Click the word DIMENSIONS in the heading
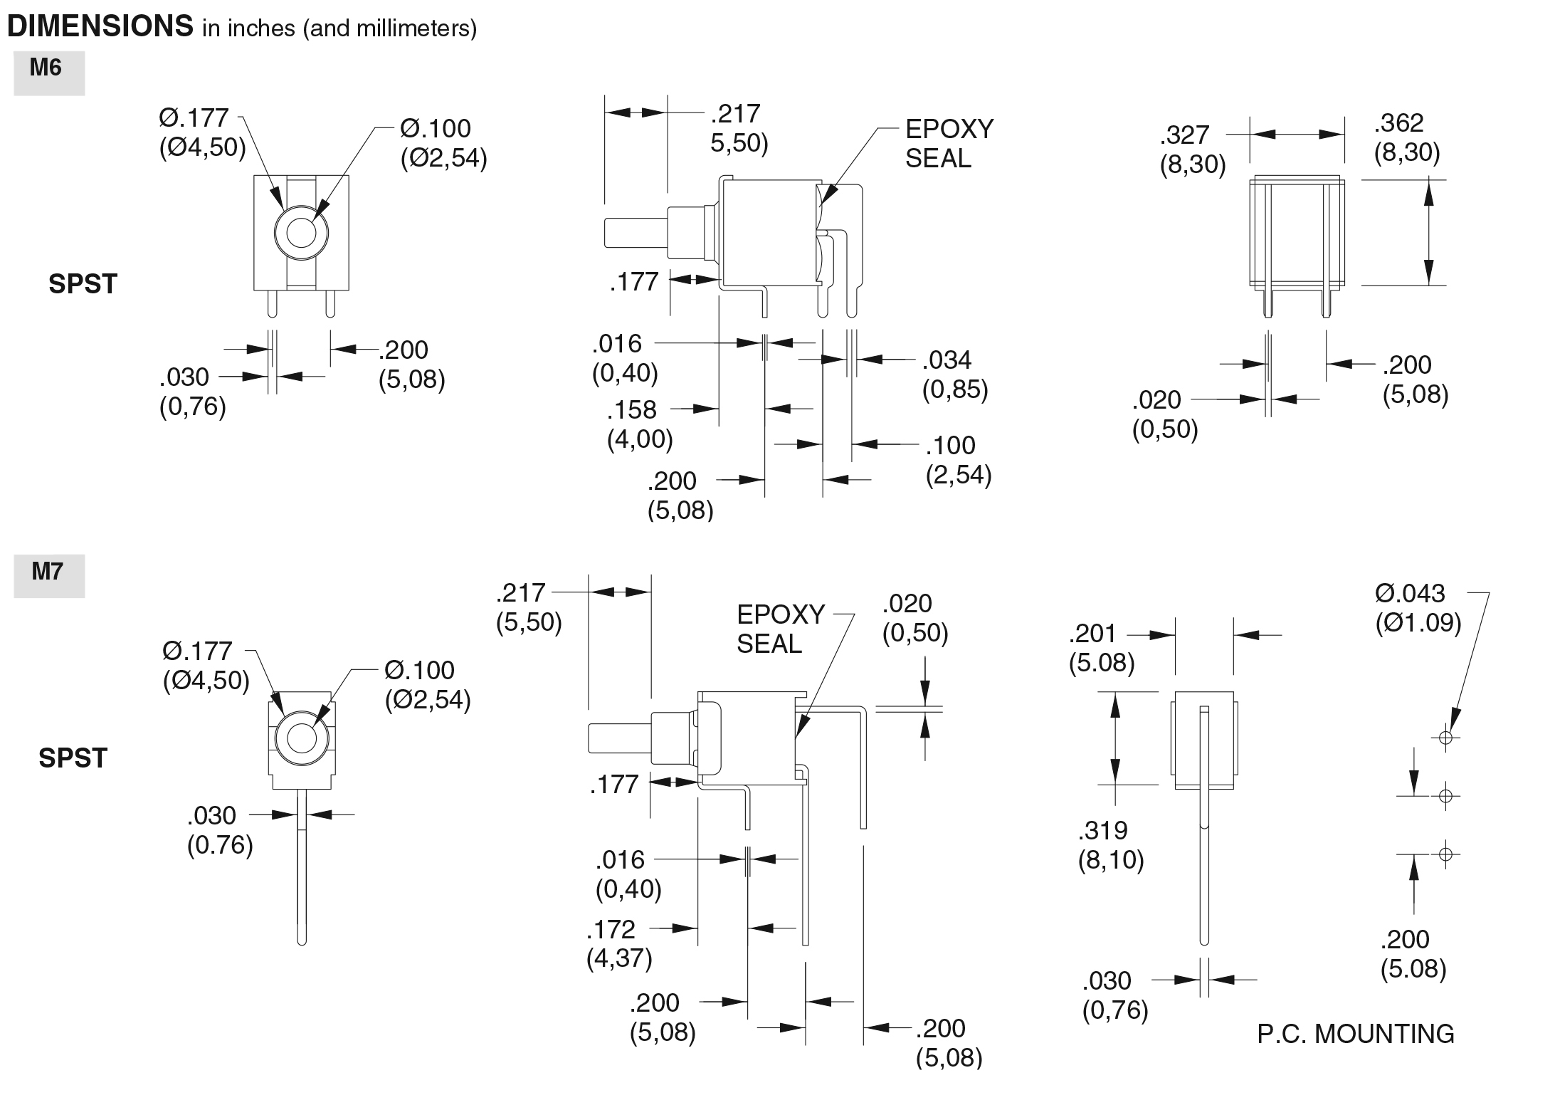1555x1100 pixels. point(100,26)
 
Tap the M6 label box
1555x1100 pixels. point(48,73)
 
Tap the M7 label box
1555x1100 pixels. point(48,576)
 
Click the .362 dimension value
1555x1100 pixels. point(1398,123)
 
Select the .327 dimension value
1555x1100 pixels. point(1184,135)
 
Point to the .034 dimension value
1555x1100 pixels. point(947,360)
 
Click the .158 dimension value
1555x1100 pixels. point(631,410)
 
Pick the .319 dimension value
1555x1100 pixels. point(1102,830)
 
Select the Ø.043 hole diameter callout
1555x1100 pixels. point(1410,593)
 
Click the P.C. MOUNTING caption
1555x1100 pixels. point(1355,1034)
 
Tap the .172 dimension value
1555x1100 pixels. point(611,929)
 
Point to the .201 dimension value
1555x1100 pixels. point(1092,634)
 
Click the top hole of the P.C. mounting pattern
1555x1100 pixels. point(1445,737)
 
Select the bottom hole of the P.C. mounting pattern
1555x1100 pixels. point(1445,853)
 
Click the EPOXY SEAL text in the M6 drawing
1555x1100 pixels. point(949,143)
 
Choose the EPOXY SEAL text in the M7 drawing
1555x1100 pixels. point(780,629)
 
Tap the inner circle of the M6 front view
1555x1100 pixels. point(301,233)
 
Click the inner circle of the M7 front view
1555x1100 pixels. point(301,738)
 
